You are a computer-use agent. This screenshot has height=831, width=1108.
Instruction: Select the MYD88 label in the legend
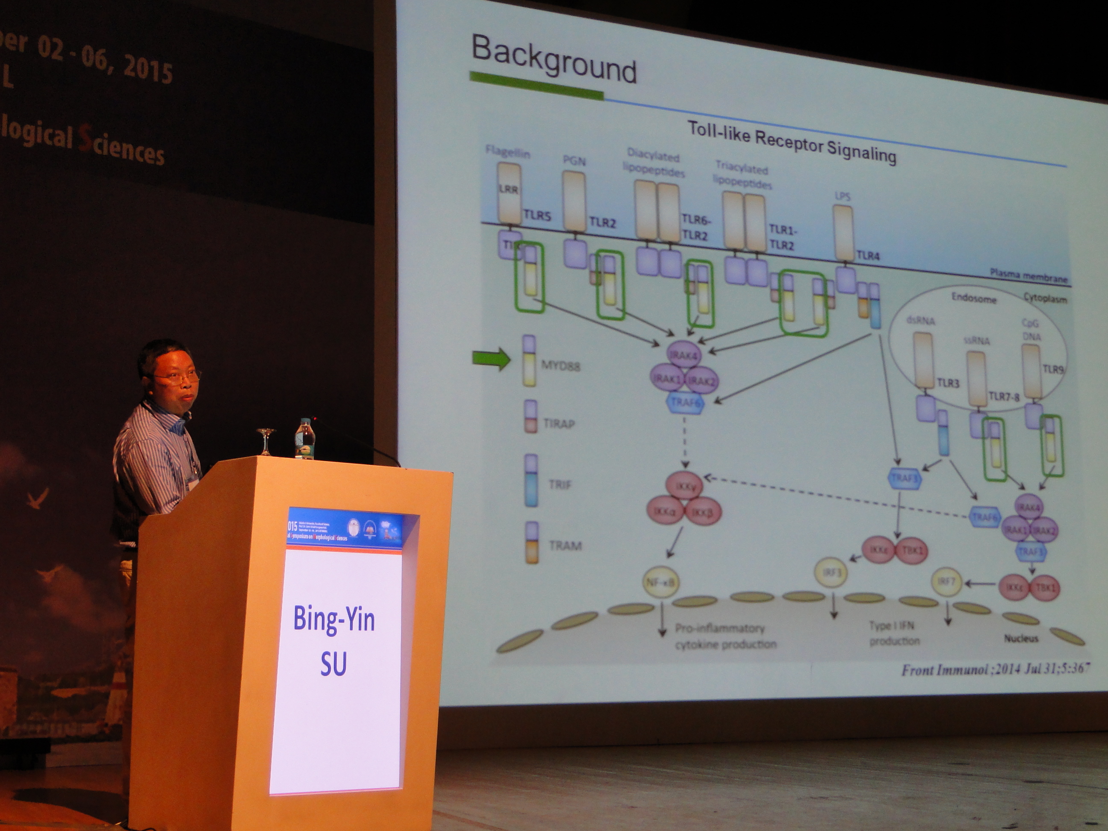pyautogui.click(x=560, y=366)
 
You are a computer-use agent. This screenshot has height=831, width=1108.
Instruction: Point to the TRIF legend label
pyautogui.click(x=559, y=484)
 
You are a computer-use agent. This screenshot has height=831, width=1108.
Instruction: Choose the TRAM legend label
pyautogui.click(x=565, y=545)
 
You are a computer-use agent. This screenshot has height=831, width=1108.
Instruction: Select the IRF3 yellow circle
pyautogui.click(x=831, y=572)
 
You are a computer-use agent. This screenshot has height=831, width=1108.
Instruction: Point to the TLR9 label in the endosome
pyautogui.click(x=1053, y=370)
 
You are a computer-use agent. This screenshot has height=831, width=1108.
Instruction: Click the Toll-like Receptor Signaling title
pyautogui.click(x=791, y=142)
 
